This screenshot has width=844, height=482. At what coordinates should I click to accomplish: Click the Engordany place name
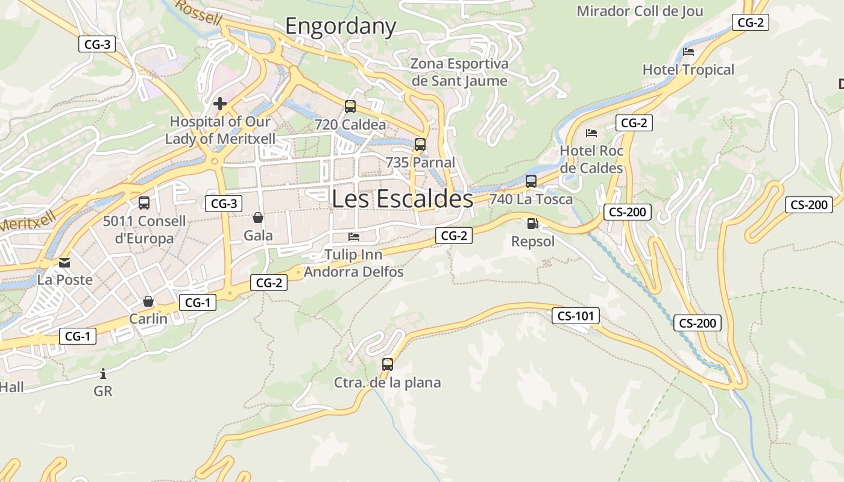pos(341,27)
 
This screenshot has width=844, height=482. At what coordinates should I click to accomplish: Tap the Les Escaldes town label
pos(402,198)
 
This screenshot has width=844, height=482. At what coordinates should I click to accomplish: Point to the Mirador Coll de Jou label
pos(640,11)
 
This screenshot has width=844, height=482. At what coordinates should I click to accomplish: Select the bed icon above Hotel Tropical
pos(688,51)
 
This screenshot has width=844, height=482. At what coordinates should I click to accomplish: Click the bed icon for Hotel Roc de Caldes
pos(591,133)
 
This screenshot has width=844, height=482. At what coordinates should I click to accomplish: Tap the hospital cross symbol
pos(220,104)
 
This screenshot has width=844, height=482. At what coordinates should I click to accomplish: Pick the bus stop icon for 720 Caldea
pos(350,107)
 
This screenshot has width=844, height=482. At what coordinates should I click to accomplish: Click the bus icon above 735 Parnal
pos(420,145)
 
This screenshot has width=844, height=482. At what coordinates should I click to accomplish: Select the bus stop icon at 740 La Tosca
pos(531,181)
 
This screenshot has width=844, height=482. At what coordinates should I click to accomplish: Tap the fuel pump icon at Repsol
pos(532,224)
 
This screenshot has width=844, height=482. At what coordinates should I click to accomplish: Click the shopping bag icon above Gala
pos(258,218)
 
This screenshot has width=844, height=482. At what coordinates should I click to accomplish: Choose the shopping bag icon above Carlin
pos(148,301)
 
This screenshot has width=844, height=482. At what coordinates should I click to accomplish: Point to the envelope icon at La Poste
pos(65,263)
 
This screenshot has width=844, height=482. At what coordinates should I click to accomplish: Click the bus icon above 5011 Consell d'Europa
pos(144,203)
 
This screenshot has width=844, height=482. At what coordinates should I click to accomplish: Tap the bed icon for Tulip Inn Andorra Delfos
pos(354,237)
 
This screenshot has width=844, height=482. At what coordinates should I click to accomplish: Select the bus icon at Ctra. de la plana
pos(388,364)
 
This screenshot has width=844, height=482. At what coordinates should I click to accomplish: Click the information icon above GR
pos(103,374)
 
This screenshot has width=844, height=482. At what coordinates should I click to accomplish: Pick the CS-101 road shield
pos(576,315)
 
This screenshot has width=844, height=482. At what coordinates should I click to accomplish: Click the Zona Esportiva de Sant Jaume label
pos(459,72)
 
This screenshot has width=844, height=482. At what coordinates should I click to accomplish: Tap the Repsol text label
pos(532,242)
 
